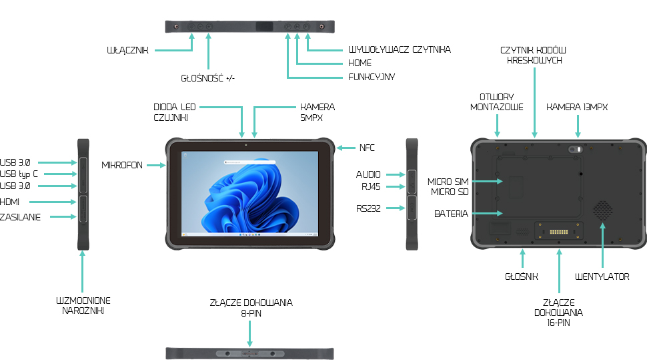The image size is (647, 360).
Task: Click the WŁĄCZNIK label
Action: click(x=127, y=50)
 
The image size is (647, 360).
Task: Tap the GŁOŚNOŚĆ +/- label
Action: click(x=208, y=78)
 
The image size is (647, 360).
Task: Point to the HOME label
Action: click(x=360, y=63)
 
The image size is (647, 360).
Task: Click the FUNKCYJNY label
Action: click(x=372, y=77)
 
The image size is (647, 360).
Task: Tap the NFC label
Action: click(x=368, y=147)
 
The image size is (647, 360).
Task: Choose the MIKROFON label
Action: click(x=122, y=165)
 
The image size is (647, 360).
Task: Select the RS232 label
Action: click(x=368, y=208)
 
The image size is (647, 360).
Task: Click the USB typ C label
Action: click(x=19, y=174)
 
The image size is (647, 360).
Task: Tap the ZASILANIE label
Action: click(x=20, y=217)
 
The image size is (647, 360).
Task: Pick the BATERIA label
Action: click(x=451, y=214)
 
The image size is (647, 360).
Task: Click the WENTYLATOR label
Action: click(x=602, y=277)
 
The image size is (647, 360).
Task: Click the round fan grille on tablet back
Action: click(x=602, y=209)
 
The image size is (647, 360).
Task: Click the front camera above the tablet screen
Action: click(x=245, y=144)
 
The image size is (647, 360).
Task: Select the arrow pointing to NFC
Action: click(x=346, y=147)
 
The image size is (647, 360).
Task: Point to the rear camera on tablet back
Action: click(x=574, y=150)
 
